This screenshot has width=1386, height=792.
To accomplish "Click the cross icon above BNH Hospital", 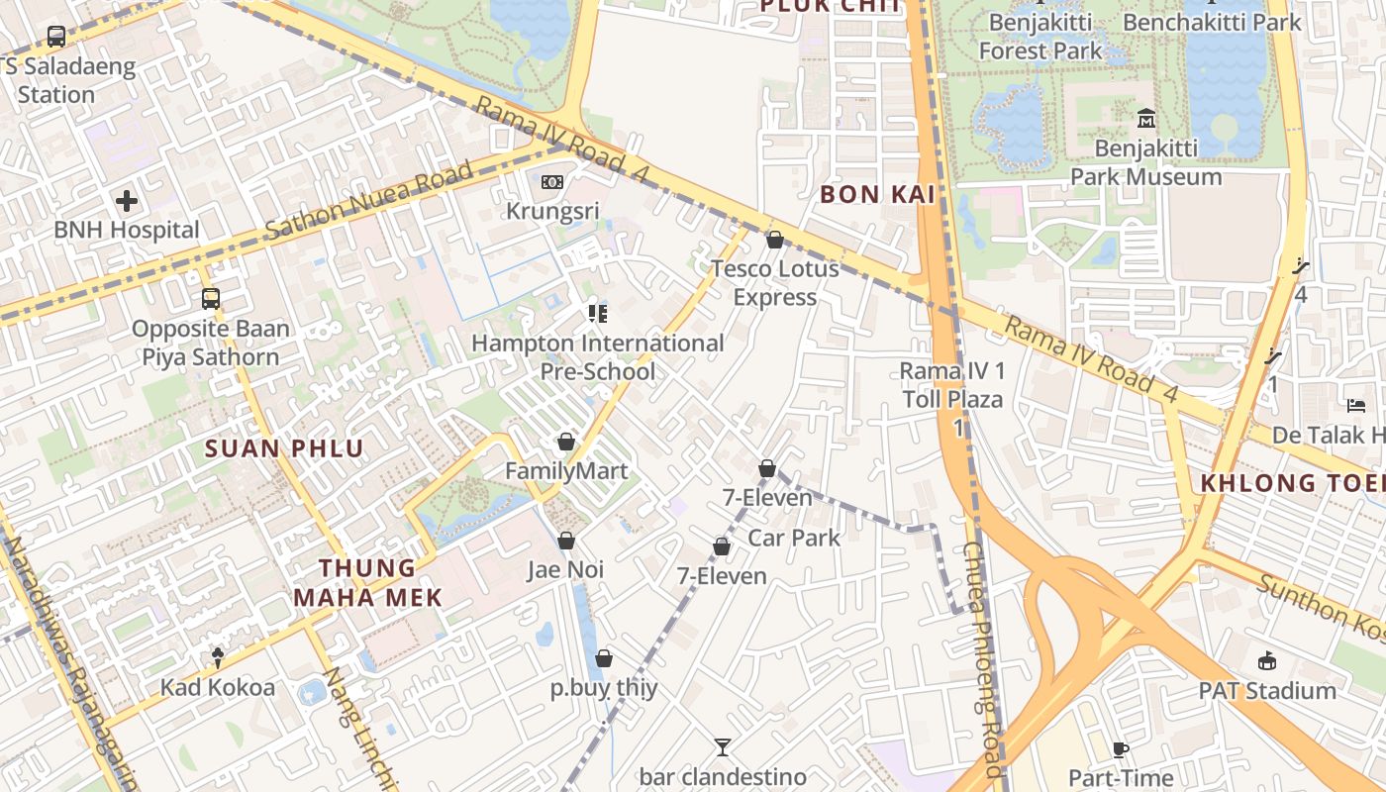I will (127, 202).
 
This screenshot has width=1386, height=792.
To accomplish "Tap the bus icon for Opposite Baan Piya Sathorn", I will (210, 298).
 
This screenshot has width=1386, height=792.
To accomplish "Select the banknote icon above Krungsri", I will (552, 182).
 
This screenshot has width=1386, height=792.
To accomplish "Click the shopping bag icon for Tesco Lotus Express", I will (774, 240).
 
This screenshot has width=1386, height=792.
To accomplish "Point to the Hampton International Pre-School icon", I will (597, 314).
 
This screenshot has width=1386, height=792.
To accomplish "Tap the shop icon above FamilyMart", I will (566, 442).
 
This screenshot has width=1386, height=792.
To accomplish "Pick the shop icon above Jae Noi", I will (566, 541).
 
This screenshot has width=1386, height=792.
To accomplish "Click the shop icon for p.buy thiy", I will (604, 658).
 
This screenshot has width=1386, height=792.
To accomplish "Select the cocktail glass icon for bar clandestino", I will (723, 747).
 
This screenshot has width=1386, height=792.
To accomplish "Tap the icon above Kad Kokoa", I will (218, 657).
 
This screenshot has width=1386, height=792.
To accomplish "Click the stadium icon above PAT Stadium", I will (1267, 661).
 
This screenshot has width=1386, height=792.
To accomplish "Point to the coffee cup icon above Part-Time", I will (1121, 749).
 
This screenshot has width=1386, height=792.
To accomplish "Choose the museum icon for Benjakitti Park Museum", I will (1146, 119).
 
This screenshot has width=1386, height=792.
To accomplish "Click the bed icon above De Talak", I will (1356, 406).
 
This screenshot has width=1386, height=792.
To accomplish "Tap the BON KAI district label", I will (877, 195).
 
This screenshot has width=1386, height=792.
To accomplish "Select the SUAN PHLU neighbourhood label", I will (284, 448).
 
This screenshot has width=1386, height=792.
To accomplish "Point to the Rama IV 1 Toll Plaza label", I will (951, 386).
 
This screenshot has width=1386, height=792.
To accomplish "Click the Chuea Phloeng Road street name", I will (986, 658).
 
